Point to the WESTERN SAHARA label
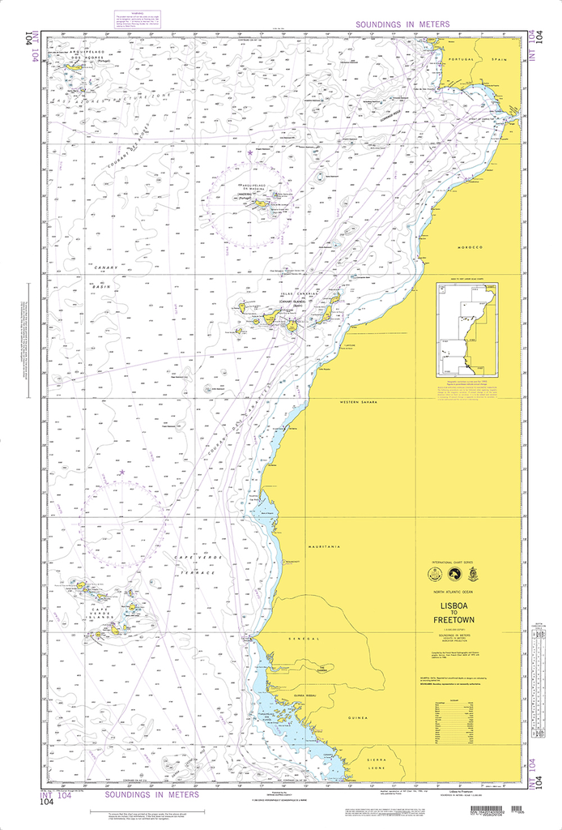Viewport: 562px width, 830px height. pyautogui.click(x=360, y=401)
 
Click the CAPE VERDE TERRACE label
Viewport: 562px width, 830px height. pyautogui.click(x=193, y=565)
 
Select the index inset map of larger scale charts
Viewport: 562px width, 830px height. pyautogui.click(x=467, y=329)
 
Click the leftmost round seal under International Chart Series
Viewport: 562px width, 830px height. pyautogui.click(x=434, y=575)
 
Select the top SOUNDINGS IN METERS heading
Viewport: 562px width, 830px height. pyautogui.click(x=391, y=25)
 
